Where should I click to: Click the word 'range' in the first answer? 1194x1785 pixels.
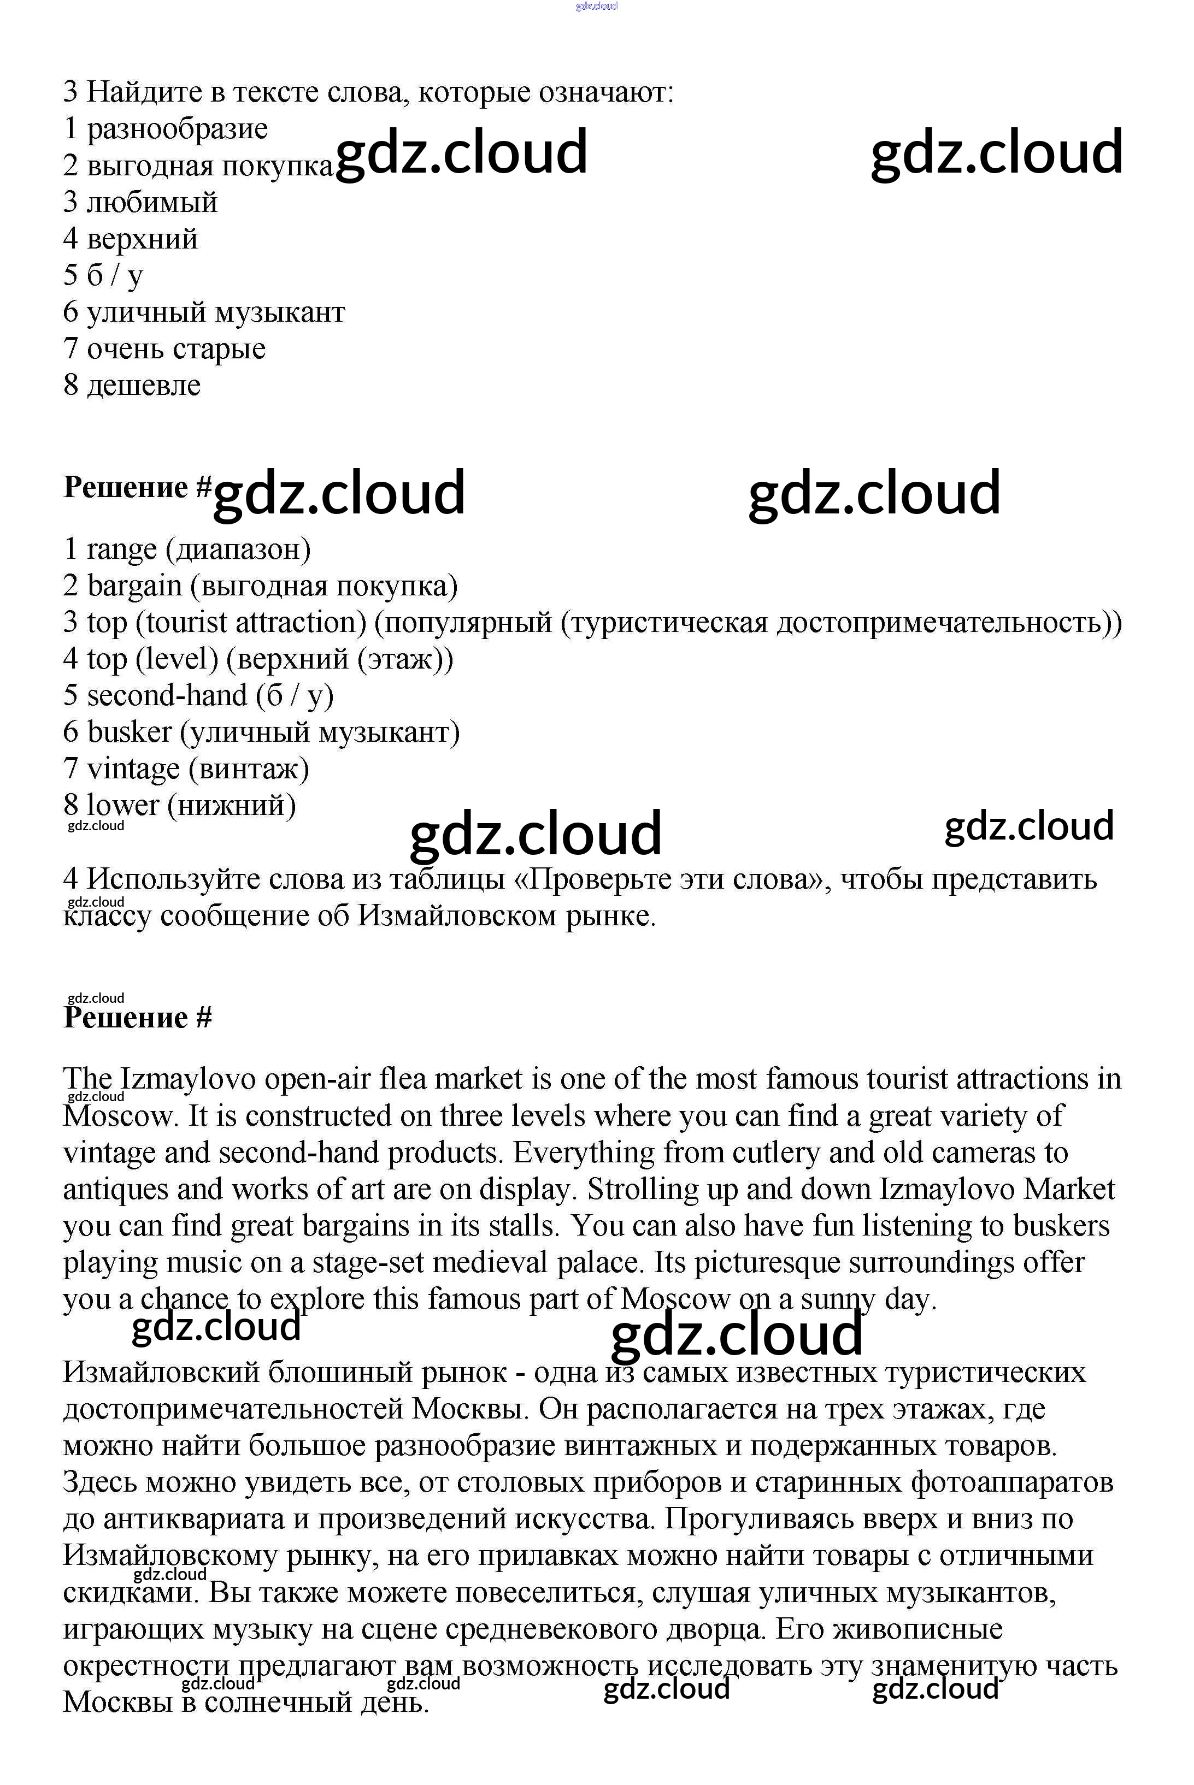[x=121, y=549]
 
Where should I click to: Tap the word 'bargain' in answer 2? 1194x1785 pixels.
[x=135, y=586]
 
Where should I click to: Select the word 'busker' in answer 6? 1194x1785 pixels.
[x=130, y=732]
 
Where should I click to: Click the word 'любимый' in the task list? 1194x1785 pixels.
[x=152, y=203]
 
